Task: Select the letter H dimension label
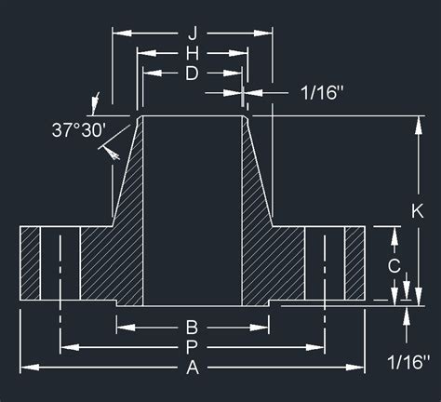click(192, 54)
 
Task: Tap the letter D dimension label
click(192, 74)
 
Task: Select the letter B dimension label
click(192, 327)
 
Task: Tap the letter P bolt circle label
click(192, 347)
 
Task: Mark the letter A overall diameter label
click(192, 368)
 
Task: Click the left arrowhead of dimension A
click(25, 368)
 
